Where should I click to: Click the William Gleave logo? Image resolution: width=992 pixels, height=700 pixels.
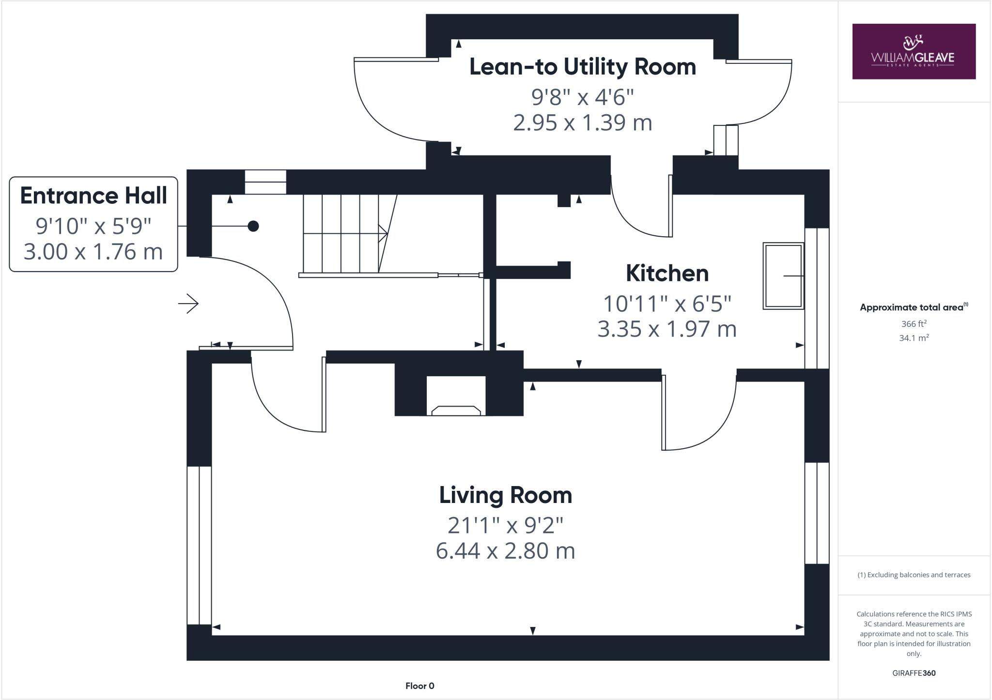click(x=914, y=51)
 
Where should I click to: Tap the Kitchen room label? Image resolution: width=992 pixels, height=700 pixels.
click(x=667, y=274)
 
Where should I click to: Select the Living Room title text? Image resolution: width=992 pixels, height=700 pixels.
click(x=505, y=495)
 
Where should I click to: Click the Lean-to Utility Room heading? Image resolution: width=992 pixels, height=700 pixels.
click(x=582, y=67)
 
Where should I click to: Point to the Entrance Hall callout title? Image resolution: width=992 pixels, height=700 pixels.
click(x=93, y=196)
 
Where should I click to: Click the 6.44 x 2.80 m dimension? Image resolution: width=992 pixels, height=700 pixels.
click(x=505, y=551)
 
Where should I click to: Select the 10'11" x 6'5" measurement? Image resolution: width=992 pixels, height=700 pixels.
click(x=667, y=304)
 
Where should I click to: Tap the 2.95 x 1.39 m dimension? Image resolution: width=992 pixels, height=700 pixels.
click(x=582, y=122)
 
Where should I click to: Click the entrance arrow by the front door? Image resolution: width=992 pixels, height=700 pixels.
click(x=189, y=304)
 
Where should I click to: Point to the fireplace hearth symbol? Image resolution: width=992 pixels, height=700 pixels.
click(x=456, y=411)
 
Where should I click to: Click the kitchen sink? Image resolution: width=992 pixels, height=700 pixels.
click(x=783, y=276)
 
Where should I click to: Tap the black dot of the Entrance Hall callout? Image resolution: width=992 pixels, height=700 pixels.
click(x=253, y=226)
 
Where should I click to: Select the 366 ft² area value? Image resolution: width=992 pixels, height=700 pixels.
click(x=914, y=324)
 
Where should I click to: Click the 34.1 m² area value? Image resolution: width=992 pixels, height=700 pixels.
click(x=914, y=338)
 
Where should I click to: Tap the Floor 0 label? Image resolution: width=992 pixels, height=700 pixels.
click(x=419, y=686)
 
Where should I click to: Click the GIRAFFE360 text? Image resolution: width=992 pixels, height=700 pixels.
click(x=914, y=673)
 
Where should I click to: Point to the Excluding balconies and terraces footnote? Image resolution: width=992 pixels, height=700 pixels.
click(x=914, y=575)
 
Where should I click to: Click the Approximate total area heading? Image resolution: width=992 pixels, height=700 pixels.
click(x=913, y=307)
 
